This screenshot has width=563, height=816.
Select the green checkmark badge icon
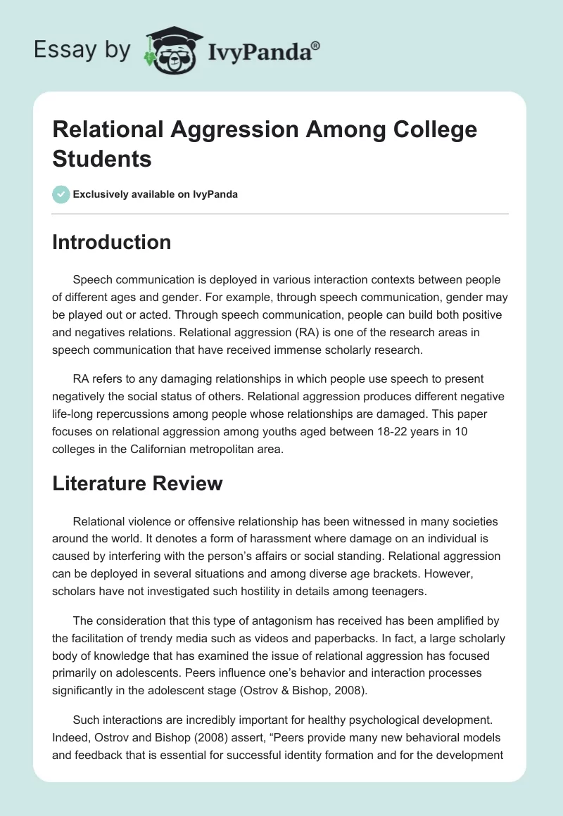coord(61,194)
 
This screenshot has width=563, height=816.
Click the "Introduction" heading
coord(112,242)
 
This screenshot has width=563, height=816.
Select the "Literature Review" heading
coord(138,483)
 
